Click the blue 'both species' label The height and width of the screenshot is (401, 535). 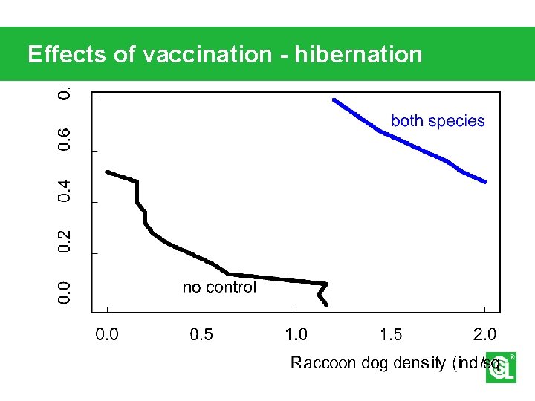[438, 121]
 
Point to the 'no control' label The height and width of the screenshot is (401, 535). [219, 287]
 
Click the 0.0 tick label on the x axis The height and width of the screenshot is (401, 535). [108, 334]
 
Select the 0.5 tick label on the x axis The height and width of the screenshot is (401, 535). [201, 334]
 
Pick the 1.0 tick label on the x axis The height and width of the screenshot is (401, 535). [296, 334]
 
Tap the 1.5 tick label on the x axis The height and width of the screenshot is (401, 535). [391, 334]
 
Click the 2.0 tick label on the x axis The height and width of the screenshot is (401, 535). [484, 334]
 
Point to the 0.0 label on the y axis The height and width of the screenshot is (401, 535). [65, 292]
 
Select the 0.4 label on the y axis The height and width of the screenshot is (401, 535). [65, 190]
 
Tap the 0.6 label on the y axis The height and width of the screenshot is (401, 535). [65, 140]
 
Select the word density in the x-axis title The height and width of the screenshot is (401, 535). [419, 362]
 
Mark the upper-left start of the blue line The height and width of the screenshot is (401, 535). [334, 100]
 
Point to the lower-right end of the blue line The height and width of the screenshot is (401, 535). [485, 182]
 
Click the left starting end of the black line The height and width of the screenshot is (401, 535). [107, 172]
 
